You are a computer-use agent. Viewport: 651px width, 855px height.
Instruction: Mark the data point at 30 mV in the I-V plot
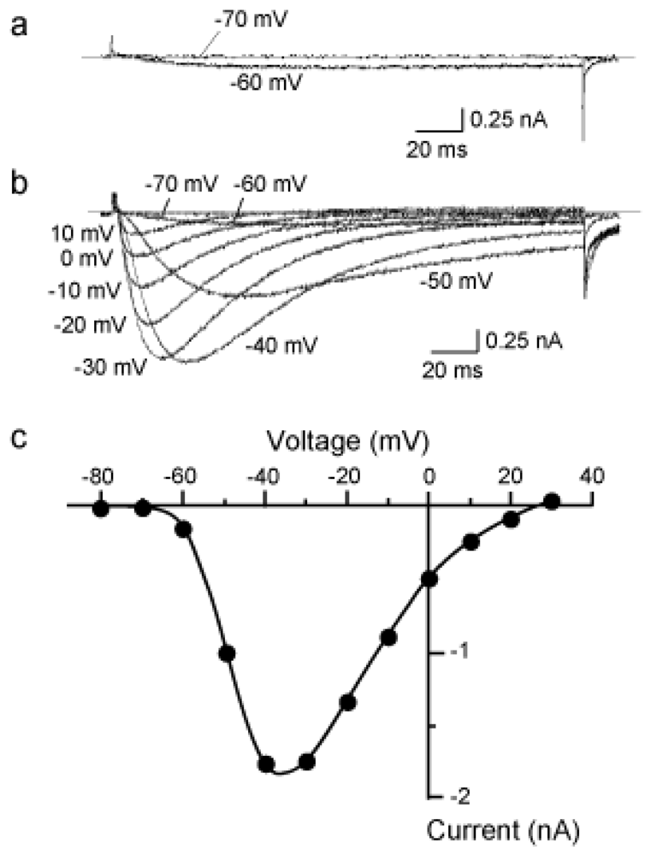tap(552, 502)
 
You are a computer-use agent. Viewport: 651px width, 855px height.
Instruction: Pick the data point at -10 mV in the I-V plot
tap(388, 637)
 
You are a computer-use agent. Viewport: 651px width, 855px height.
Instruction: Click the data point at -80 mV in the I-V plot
tap(101, 509)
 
